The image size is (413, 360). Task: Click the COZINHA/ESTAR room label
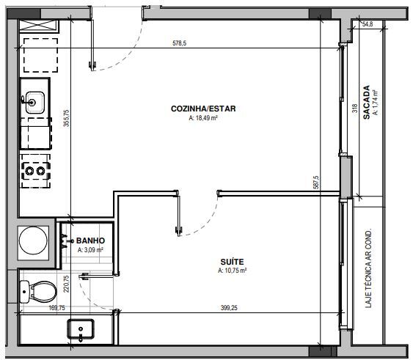203,109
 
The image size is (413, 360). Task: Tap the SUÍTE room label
232,262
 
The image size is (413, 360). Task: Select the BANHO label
90,240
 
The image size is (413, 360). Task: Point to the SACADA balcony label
366,102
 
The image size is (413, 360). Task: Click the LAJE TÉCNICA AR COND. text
368,268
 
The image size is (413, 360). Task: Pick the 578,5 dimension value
180,43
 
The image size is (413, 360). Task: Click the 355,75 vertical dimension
66,118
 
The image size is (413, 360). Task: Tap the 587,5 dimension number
316,183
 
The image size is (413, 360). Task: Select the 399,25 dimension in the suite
229,308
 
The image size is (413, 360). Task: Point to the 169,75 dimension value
57,308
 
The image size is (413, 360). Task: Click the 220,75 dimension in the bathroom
66,284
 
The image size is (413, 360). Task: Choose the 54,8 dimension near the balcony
368,24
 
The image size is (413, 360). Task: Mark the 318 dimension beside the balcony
355,109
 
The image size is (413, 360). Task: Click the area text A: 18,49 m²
203,118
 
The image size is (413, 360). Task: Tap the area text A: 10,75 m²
232,271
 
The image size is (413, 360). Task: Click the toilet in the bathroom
38,292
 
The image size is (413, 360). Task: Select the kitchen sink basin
34,102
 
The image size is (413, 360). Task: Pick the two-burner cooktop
35,171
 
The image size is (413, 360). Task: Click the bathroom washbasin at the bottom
81,329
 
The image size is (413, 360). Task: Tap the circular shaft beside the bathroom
33,241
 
